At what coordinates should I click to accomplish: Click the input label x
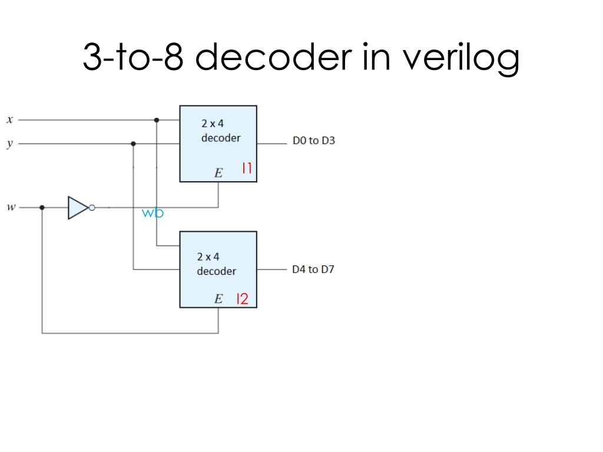(9, 120)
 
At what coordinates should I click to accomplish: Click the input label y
(9, 143)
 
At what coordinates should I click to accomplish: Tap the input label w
(10, 207)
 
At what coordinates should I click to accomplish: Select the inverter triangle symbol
(78, 208)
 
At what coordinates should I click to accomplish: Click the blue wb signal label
(153, 214)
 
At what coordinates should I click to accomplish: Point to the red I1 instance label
(247, 169)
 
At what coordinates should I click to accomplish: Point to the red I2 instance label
(242, 299)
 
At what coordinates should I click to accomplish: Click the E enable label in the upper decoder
(218, 173)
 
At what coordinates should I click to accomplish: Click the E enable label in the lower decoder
(218, 299)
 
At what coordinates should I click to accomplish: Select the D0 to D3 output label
(314, 141)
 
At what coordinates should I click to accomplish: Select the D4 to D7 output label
(313, 270)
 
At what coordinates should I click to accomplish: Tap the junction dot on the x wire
(157, 120)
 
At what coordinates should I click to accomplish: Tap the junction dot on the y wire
(134, 143)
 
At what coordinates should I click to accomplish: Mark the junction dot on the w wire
(42, 208)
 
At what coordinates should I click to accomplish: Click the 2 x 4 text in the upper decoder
(213, 124)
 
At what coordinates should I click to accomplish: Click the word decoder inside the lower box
(216, 271)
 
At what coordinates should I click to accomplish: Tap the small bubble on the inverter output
(91, 208)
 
